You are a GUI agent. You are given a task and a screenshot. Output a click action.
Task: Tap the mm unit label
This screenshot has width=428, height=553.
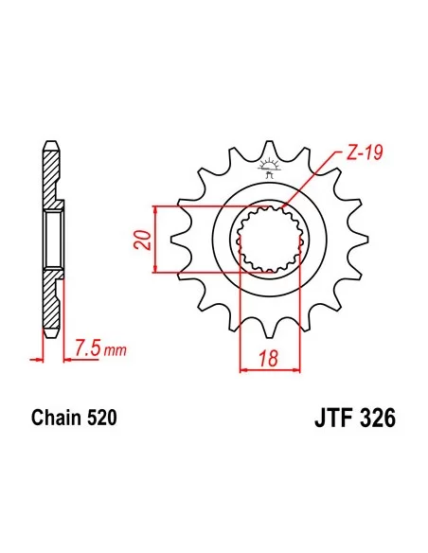(115, 353)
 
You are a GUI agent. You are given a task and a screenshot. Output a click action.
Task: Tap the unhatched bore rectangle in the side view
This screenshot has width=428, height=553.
(54, 240)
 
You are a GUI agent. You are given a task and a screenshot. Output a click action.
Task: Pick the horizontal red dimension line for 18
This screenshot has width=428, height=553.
(270, 370)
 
